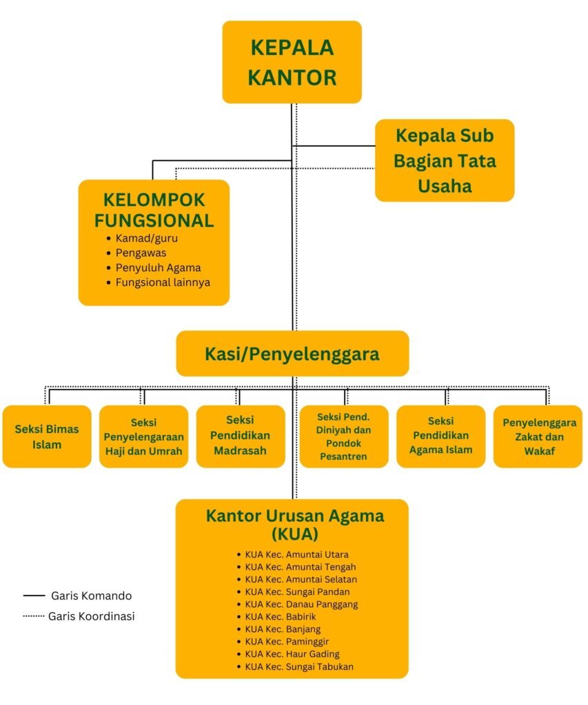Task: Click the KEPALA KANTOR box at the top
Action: tap(292, 62)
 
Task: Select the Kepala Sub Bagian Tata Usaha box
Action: tap(445, 160)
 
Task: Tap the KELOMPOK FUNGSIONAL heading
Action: tap(154, 210)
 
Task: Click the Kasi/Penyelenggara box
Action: tap(292, 353)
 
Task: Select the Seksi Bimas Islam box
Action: tap(47, 436)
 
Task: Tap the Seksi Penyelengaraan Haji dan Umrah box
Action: tap(143, 436)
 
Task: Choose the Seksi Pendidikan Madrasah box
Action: tap(241, 436)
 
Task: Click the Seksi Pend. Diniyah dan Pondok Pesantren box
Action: tap(343, 436)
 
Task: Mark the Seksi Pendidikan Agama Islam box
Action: tap(440, 436)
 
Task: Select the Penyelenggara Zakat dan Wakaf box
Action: tap(538, 436)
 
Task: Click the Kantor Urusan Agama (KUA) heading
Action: tap(295, 525)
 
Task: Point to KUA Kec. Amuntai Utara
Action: tap(296, 555)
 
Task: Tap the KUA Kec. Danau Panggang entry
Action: tap(301, 604)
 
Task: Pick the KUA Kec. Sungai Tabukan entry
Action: tap(299, 666)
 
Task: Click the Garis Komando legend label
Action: tap(92, 596)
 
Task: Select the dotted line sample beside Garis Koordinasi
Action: tap(34, 616)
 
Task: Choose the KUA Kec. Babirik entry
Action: tap(280, 617)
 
